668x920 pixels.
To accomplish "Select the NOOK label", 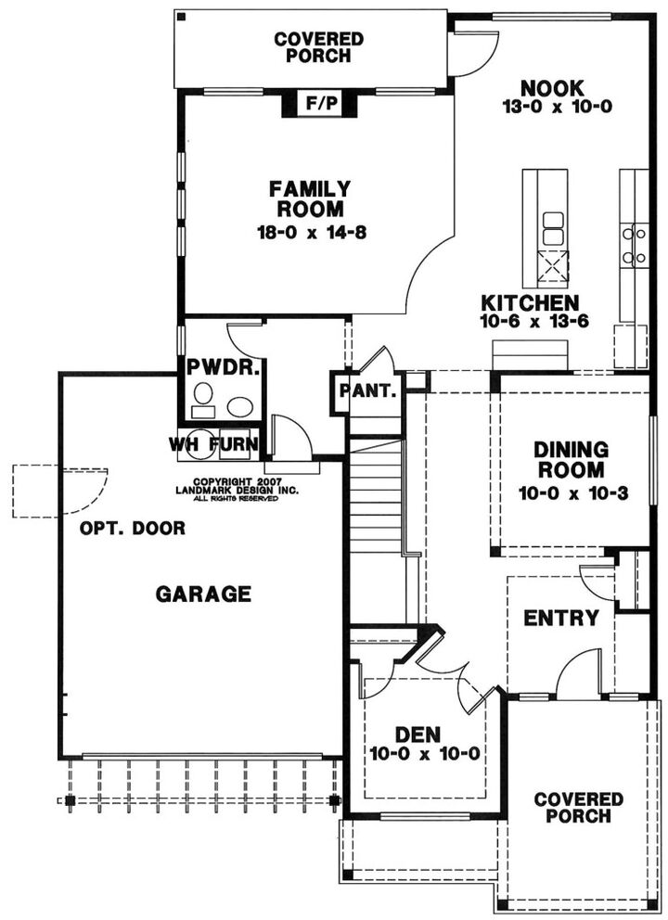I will [x=552, y=88].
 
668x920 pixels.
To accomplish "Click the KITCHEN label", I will [x=530, y=303].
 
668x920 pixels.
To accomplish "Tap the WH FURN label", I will [x=213, y=443].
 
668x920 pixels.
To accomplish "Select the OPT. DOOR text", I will [x=132, y=529].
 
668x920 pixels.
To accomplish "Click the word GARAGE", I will [x=202, y=594].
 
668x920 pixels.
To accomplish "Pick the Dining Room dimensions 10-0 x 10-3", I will [x=570, y=492].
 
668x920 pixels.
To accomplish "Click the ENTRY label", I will [x=560, y=618].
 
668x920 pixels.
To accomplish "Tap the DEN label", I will [x=423, y=734].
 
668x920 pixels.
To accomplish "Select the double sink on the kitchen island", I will [x=553, y=227].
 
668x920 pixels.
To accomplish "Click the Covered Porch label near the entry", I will [x=578, y=807].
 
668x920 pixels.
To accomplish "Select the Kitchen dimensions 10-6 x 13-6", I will [x=530, y=321].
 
